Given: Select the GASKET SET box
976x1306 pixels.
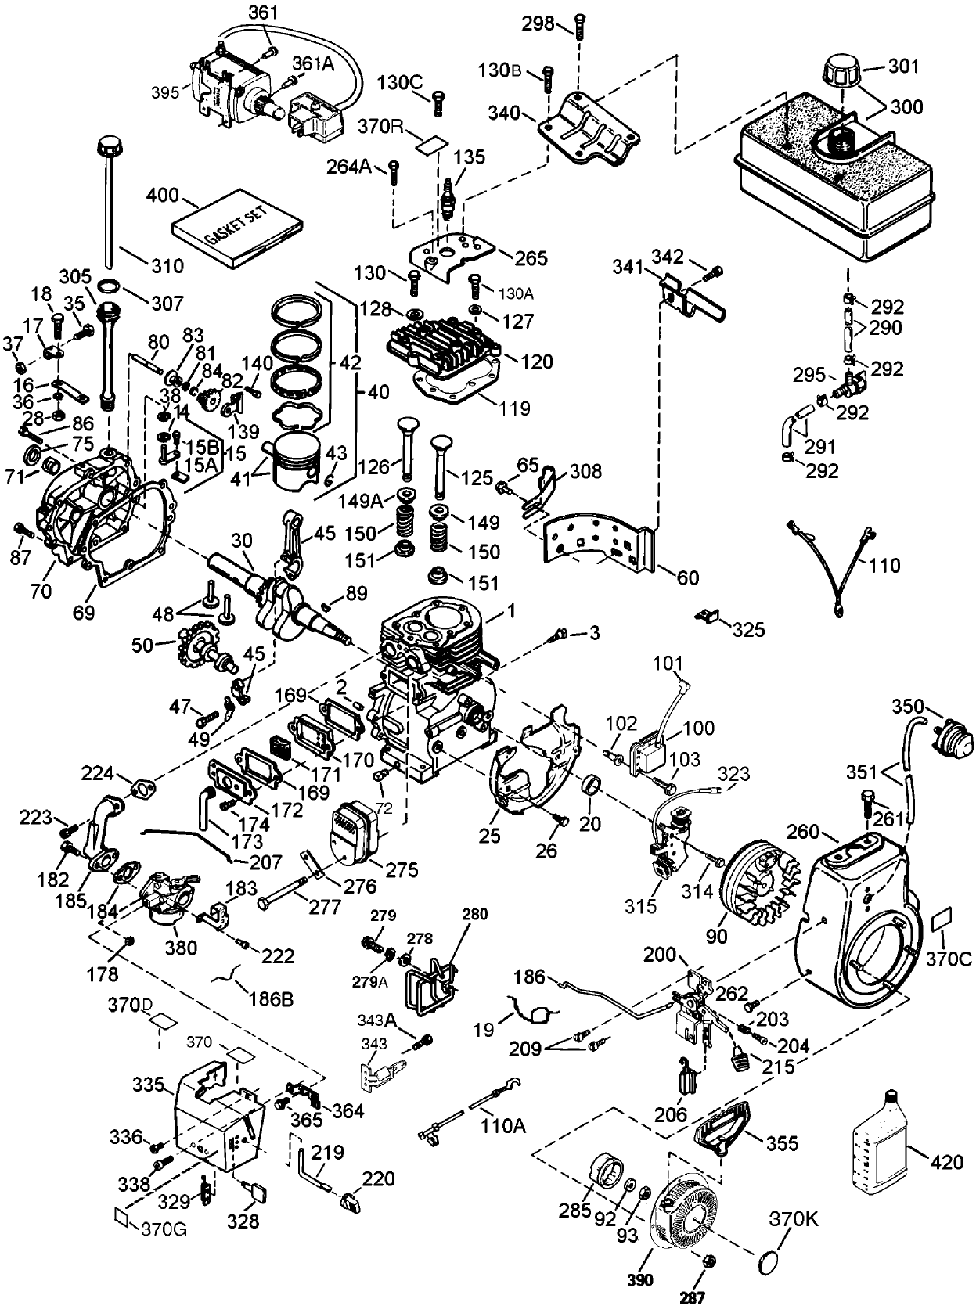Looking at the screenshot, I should (x=237, y=228).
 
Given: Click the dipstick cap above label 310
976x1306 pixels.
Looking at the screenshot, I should (x=107, y=147).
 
